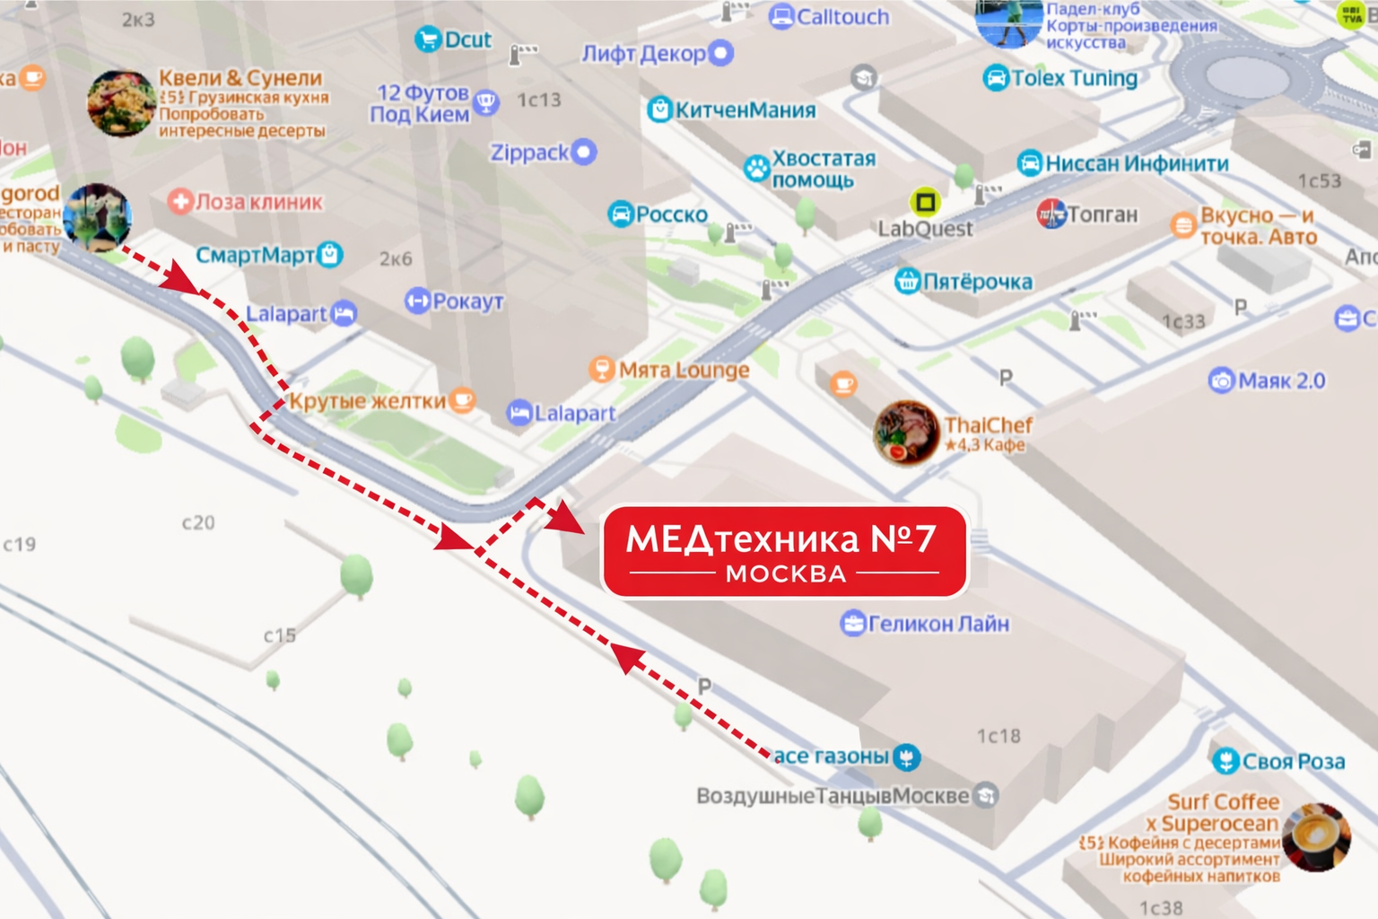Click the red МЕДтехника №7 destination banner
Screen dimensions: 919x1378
[784, 551]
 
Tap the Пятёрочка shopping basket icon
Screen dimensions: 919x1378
[907, 282]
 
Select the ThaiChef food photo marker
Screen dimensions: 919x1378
[906, 433]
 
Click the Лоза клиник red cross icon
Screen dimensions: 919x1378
[180, 201]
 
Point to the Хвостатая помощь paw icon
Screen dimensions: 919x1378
[756, 168]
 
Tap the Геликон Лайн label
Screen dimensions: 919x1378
[938, 623]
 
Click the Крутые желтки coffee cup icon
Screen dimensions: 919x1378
[462, 399]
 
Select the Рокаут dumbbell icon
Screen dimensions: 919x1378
[417, 301]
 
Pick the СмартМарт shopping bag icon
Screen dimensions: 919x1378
[330, 255]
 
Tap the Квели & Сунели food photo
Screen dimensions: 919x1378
[121, 103]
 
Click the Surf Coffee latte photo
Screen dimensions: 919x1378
[1315, 836]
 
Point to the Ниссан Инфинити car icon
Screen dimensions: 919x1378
[1030, 163]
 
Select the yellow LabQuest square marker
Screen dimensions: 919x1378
[925, 201]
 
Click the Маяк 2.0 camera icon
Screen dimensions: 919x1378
[1221, 381]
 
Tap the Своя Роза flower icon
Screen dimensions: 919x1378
[1225, 762]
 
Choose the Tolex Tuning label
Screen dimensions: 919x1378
[1074, 78]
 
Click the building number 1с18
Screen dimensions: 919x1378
[999, 736]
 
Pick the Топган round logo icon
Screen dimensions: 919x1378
[1051, 214]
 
